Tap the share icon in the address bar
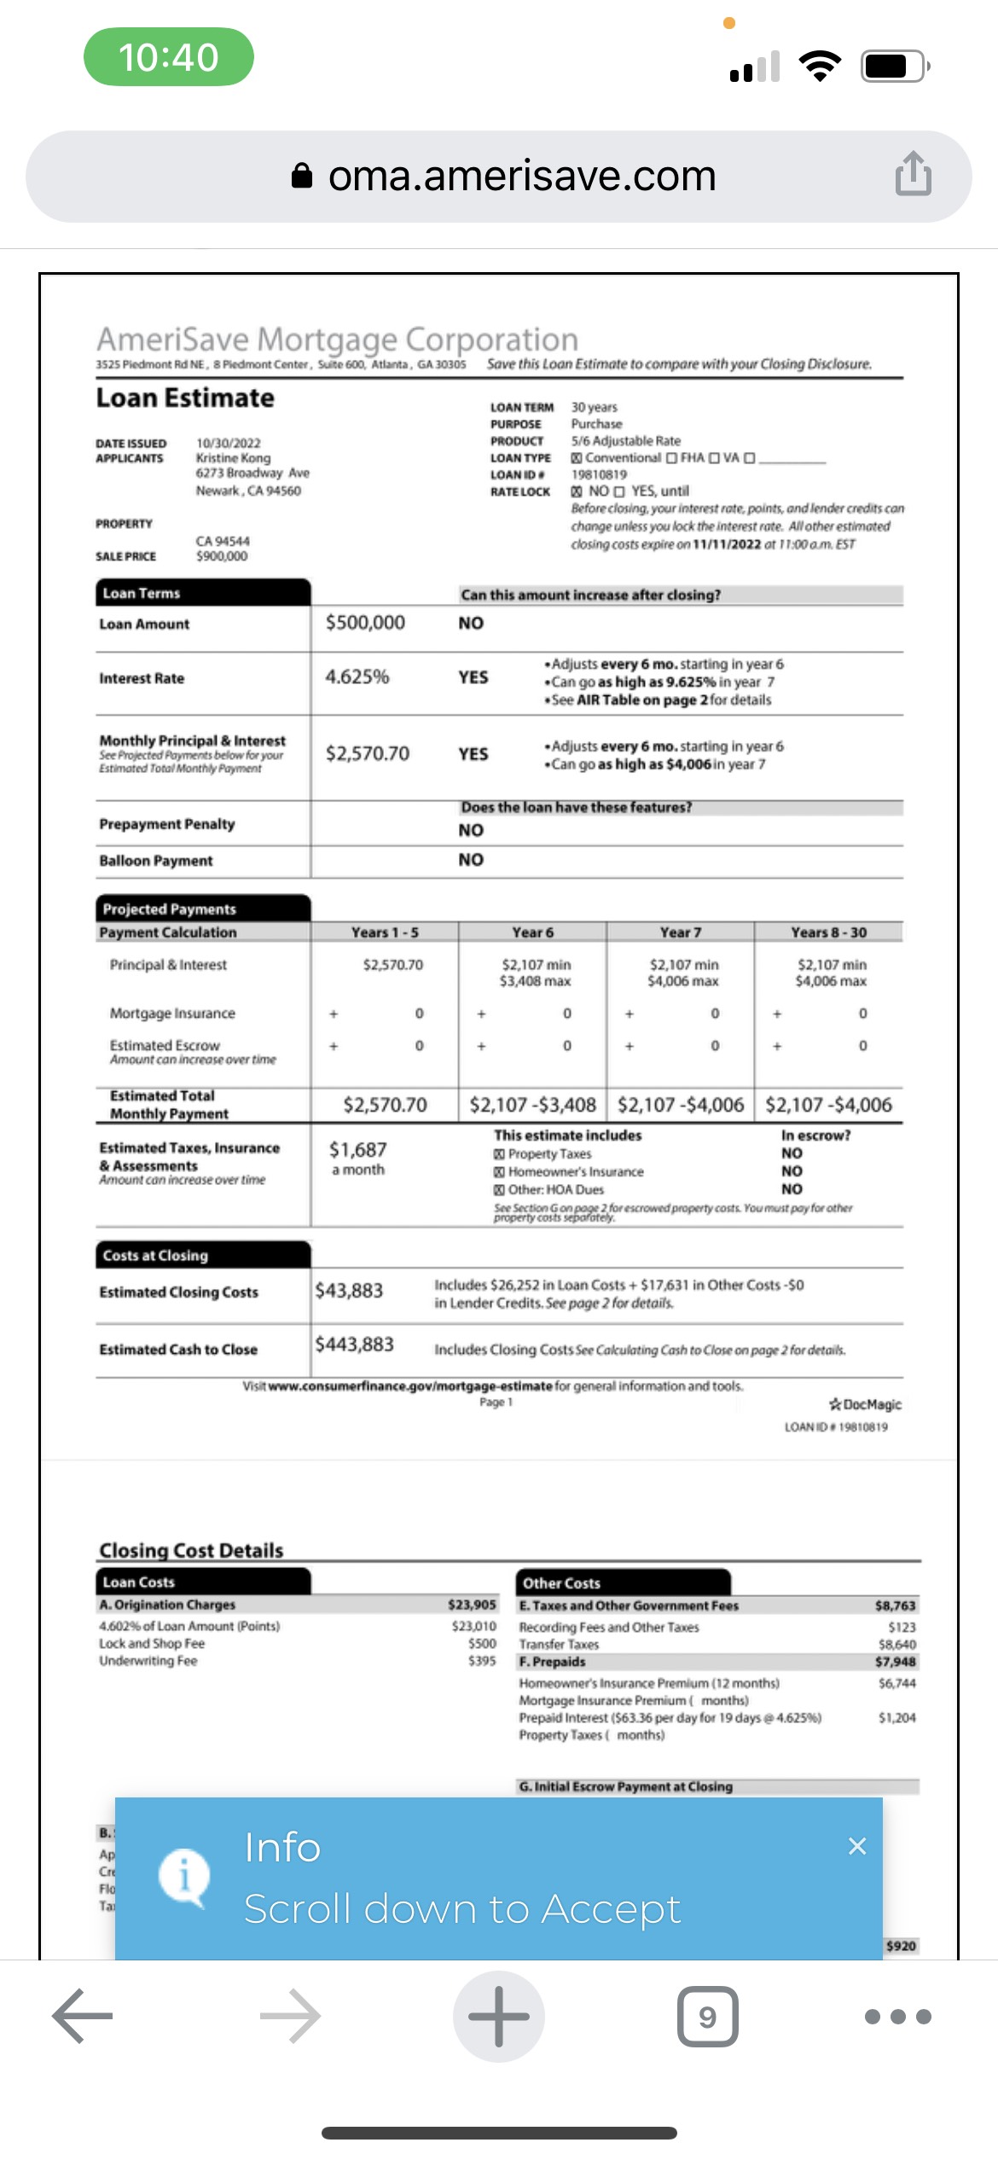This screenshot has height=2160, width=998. [x=913, y=174]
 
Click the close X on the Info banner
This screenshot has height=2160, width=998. [x=857, y=1846]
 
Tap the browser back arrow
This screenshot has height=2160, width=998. [x=83, y=2016]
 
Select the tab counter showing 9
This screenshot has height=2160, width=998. [x=707, y=2016]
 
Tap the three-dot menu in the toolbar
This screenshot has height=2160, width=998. [x=897, y=2016]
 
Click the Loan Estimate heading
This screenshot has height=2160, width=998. [x=185, y=398]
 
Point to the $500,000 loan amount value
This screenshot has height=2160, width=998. [x=365, y=623]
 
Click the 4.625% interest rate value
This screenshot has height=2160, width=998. [x=357, y=677]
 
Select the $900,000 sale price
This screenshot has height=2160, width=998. [x=222, y=556]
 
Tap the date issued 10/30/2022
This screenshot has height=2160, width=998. [x=229, y=443]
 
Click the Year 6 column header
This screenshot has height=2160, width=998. [x=532, y=932]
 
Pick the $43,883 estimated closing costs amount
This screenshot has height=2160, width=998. [x=349, y=1291]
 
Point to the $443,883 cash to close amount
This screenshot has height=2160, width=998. [x=354, y=1345]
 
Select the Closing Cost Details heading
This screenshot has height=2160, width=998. [x=191, y=1550]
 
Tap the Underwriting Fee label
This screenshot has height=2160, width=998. [x=148, y=1661]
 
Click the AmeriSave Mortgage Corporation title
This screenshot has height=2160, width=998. [x=337, y=340]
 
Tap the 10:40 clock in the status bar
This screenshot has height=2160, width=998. [x=168, y=57]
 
